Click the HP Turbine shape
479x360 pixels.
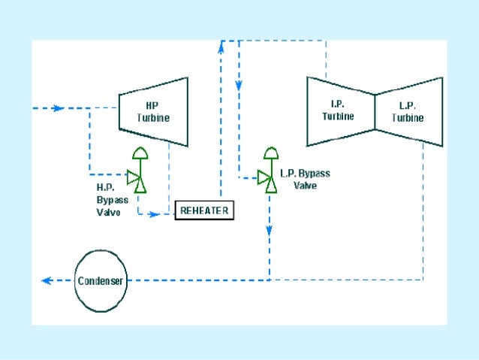point(153,111)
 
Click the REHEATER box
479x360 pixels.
point(205,210)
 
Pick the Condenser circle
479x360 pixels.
point(100,280)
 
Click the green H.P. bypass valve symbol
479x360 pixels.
point(137,179)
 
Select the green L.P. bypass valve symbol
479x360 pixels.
point(268,177)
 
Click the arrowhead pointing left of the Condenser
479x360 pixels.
point(47,280)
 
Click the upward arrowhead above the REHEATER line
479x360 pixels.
point(221,46)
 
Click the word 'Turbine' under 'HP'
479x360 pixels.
point(153,118)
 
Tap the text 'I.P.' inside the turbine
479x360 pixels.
point(338,104)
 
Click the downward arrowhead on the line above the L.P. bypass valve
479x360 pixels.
point(239,85)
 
